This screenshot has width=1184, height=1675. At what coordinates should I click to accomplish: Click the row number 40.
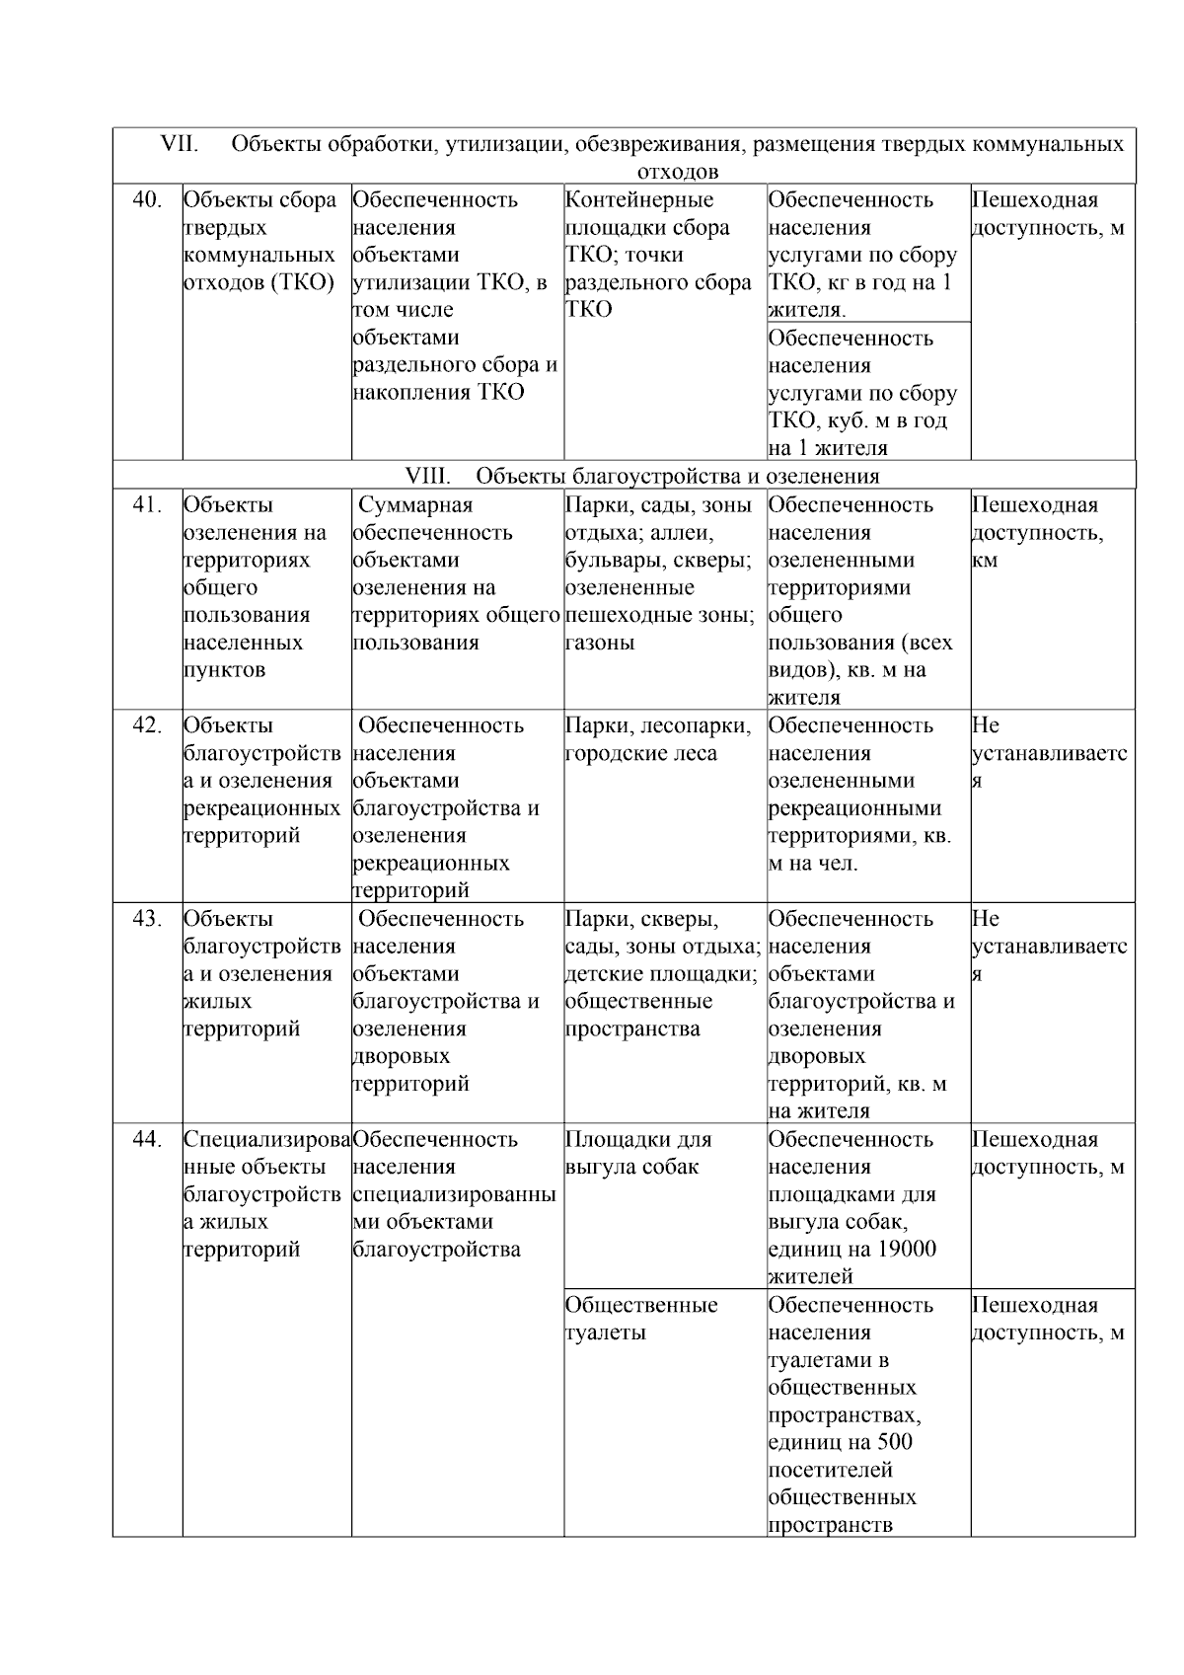coord(147,200)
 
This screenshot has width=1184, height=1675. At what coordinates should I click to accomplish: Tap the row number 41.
coord(147,505)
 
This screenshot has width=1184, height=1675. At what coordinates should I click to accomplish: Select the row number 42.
coord(147,725)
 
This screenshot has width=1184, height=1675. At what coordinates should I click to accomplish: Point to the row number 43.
coord(147,919)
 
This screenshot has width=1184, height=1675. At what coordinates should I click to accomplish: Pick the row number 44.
coord(147,1140)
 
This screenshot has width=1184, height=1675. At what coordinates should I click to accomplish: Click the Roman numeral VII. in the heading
coord(180,144)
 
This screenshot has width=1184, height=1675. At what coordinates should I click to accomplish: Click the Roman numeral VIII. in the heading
coord(428,477)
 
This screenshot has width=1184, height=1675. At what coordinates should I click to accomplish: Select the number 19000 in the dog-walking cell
coord(905,1250)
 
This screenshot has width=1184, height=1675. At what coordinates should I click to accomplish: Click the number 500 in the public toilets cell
coord(894,1442)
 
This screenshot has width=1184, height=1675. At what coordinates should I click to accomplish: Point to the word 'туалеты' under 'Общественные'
coord(606,1332)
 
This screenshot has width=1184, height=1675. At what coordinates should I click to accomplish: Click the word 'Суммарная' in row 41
coord(415,505)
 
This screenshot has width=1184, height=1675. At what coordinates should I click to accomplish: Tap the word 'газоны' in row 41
coord(600,643)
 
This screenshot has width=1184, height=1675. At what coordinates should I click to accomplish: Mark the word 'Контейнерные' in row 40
coord(639,200)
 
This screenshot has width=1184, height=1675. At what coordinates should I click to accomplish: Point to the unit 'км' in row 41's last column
coord(985,561)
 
